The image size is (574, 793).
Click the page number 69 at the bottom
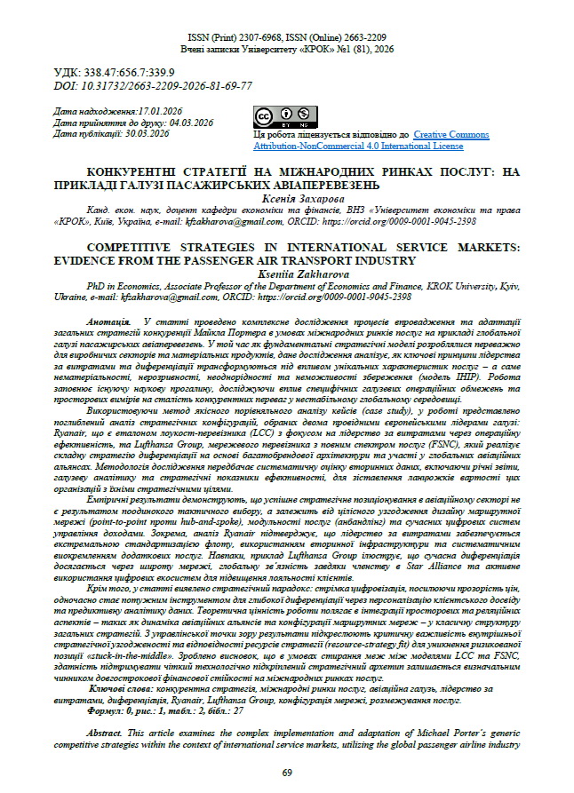pos(286,773)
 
